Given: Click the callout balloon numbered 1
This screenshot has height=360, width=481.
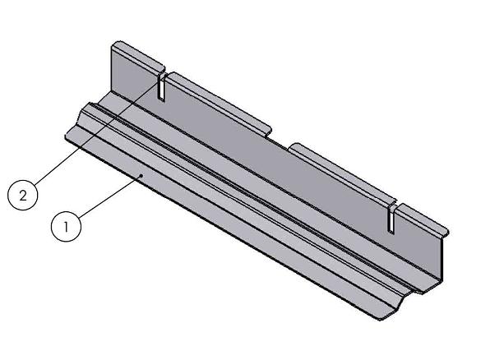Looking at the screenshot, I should [67, 226].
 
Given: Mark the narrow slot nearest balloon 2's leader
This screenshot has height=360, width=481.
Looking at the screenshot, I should [163, 86].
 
